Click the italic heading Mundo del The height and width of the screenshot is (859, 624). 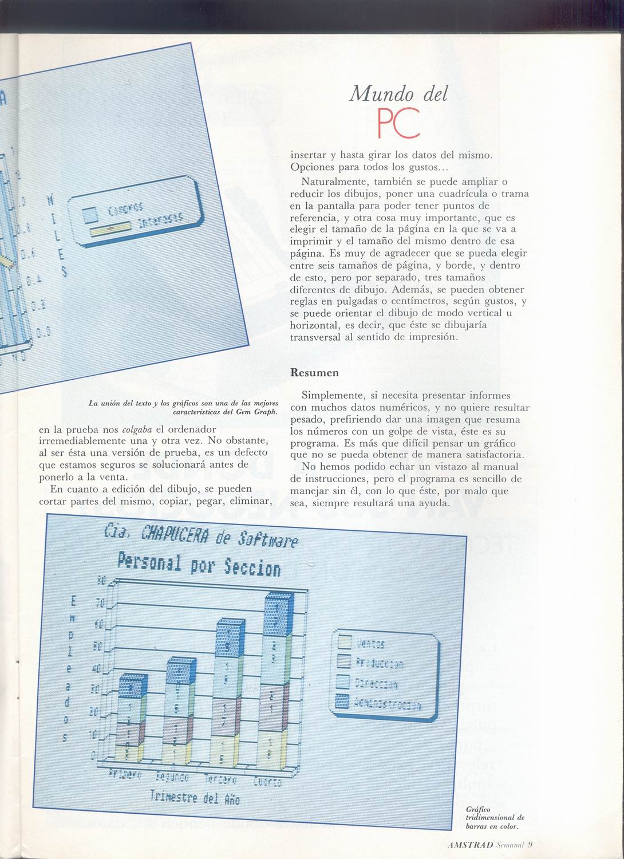[x=398, y=93]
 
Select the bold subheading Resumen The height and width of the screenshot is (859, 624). [x=314, y=373]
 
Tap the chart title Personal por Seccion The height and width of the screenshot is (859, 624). [x=199, y=564]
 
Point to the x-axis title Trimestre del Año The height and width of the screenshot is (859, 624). [x=195, y=797]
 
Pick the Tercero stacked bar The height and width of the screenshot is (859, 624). [x=228, y=693]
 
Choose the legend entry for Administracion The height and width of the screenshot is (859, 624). [x=381, y=703]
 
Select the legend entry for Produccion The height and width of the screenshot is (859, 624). [x=372, y=663]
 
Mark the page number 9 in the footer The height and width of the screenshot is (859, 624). [x=530, y=842]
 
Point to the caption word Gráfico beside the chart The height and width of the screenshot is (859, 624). [x=478, y=809]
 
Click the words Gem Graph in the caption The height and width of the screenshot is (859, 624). [x=256, y=411]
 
